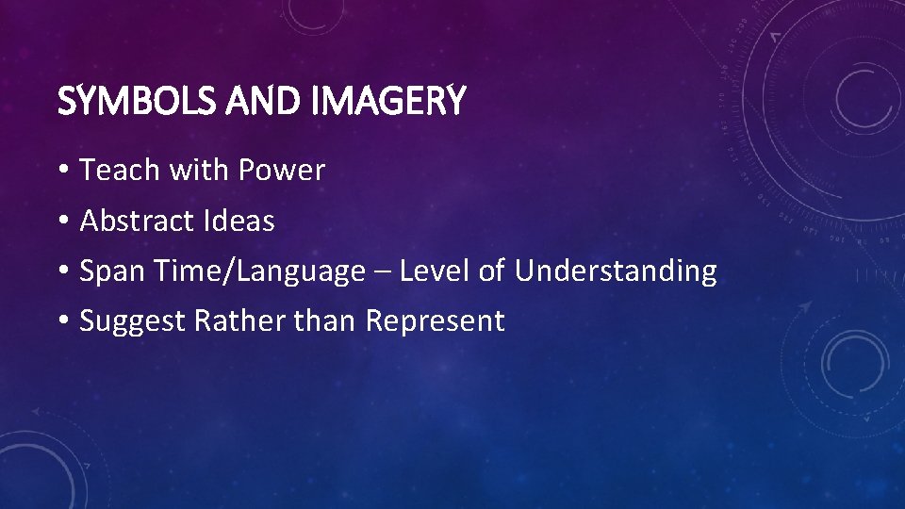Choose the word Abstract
[x=138, y=222]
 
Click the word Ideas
[x=239, y=222]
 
